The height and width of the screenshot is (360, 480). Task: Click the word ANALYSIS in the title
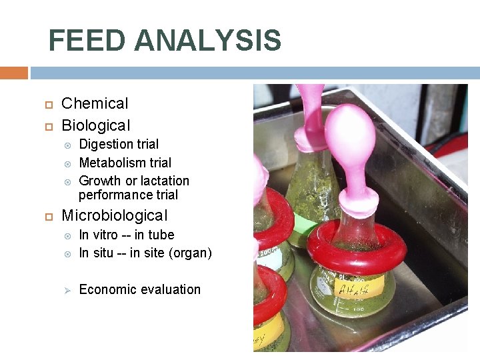[207, 41]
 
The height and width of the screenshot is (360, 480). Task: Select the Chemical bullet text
[95, 103]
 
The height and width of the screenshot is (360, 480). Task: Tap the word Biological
[96, 125]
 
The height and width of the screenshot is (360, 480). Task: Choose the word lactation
[164, 181]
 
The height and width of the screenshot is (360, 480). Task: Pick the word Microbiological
[114, 215]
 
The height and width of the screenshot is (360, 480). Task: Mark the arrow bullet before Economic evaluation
[67, 289]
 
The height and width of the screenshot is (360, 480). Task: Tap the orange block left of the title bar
[13, 72]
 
